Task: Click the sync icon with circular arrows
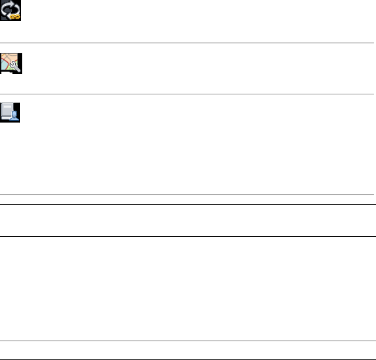pyautogui.click(x=11, y=11)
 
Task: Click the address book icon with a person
pyautogui.click(x=11, y=112)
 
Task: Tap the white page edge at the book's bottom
pyautogui.click(x=6, y=120)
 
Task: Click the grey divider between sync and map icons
pyautogui.click(x=188, y=43)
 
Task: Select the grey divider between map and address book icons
pyautogui.click(x=188, y=94)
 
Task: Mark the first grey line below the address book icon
pyautogui.click(x=188, y=195)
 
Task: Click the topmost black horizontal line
pyautogui.click(x=188, y=205)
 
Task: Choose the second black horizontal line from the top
pyautogui.click(x=188, y=236)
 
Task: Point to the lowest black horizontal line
pyautogui.click(x=188, y=359)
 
